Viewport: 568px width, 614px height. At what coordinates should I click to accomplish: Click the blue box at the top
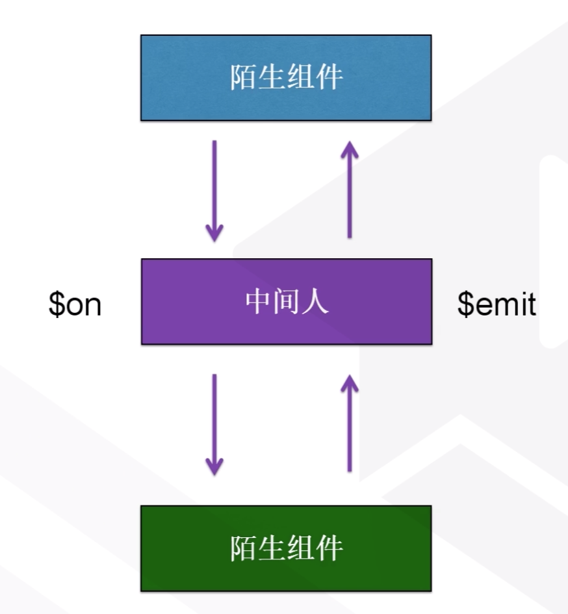click(x=286, y=78)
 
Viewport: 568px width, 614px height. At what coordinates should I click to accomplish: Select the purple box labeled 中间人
click(x=286, y=302)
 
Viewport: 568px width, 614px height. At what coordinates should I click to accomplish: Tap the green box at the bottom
click(x=286, y=548)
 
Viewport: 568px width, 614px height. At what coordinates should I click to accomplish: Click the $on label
click(x=75, y=304)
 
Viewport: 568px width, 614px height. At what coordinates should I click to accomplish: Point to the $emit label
click(x=497, y=304)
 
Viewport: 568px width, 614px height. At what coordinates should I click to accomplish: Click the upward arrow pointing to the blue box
click(x=350, y=189)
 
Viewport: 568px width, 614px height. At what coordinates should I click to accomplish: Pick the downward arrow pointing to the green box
click(x=214, y=423)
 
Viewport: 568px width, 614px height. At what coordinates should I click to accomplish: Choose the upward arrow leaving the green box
click(x=350, y=422)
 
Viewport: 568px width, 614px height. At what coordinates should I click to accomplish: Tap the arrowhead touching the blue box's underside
click(x=350, y=150)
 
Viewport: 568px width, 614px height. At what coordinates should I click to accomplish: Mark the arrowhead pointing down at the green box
click(x=214, y=464)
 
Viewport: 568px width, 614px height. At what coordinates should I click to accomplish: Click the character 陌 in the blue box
click(x=242, y=78)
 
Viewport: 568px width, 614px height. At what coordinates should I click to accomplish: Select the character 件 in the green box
click(x=330, y=548)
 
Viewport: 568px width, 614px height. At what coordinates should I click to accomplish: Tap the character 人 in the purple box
click(x=316, y=302)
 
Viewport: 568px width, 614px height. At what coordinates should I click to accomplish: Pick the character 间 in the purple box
click(x=287, y=302)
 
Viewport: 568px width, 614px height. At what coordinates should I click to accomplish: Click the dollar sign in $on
click(x=56, y=304)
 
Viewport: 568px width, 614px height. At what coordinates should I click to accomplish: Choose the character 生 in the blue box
click(x=272, y=78)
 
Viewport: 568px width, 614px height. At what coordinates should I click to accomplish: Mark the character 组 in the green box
click(x=301, y=548)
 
